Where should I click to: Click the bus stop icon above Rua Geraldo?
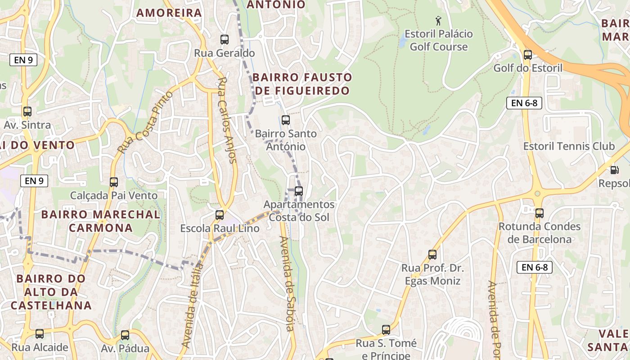pyautogui.click(x=225, y=40)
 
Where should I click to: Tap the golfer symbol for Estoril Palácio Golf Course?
pyautogui.click(x=438, y=21)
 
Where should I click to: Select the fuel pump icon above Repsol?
pyautogui.click(x=614, y=170)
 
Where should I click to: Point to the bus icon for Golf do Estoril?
pyautogui.click(x=528, y=55)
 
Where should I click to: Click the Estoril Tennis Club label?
pyautogui.click(x=569, y=146)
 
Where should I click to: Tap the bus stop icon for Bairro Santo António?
pyautogui.click(x=286, y=120)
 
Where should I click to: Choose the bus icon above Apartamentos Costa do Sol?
pyautogui.click(x=299, y=191)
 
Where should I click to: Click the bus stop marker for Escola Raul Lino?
pyautogui.click(x=220, y=215)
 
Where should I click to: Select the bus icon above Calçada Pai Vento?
pyautogui.click(x=114, y=182)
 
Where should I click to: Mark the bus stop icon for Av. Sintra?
pyautogui.click(x=27, y=112)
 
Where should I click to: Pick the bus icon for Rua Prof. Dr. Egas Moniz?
pyautogui.click(x=432, y=255)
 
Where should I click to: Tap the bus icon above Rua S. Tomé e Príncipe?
pyautogui.click(x=386, y=330)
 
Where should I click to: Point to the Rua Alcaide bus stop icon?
pyautogui.click(x=40, y=334)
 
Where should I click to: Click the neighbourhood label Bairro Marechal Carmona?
pyautogui.click(x=100, y=220)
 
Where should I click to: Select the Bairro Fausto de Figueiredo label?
pyautogui.click(x=302, y=84)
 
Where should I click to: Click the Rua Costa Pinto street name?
pyautogui.click(x=145, y=122)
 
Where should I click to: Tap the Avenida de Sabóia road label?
pyautogui.click(x=288, y=283)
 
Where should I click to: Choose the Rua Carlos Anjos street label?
pyautogui.click(x=227, y=120)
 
